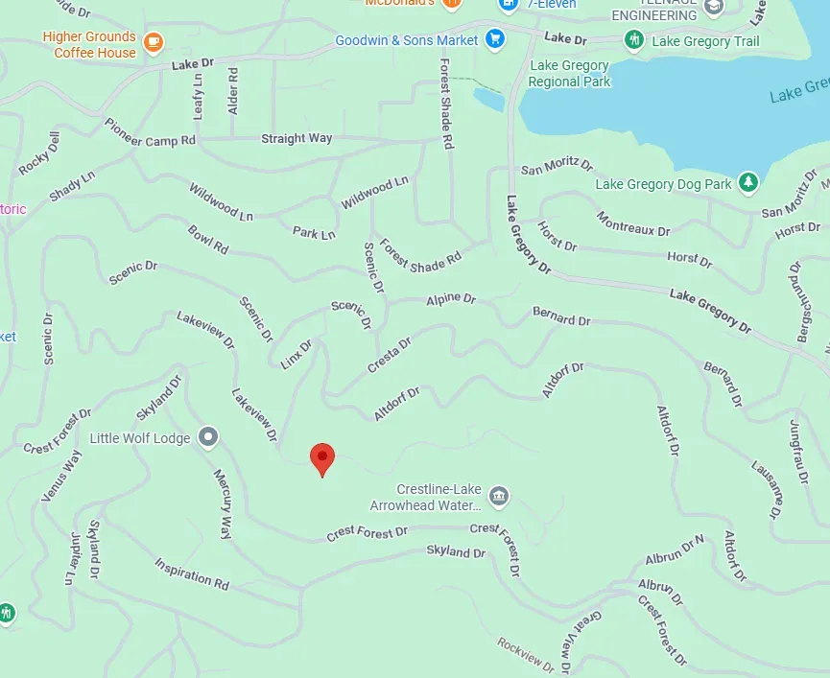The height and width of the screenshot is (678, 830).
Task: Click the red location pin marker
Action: pyautogui.click(x=322, y=458)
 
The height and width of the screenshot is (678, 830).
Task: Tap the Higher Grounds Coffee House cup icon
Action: pyautogui.click(x=153, y=42)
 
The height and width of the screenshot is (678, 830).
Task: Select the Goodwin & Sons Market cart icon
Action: pyautogui.click(x=494, y=39)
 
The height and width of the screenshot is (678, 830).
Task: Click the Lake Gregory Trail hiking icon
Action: pyautogui.click(x=633, y=40)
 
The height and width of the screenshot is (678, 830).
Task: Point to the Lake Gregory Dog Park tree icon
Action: pyautogui.click(x=747, y=182)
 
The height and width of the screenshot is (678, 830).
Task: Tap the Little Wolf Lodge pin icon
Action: pyautogui.click(x=208, y=438)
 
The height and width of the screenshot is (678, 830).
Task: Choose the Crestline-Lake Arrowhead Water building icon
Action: pyautogui.click(x=499, y=496)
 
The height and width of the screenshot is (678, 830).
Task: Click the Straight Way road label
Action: pyautogui.click(x=296, y=138)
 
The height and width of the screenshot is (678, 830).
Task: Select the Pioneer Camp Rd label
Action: pyautogui.click(x=150, y=133)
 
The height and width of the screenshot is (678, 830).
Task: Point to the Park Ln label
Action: pyautogui.click(x=314, y=233)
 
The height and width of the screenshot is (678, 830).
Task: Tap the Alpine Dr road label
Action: pyautogui.click(x=450, y=300)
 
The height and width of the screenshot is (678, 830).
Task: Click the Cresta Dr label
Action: pyautogui.click(x=389, y=355)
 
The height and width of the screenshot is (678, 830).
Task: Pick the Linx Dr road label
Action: pyautogui.click(x=296, y=353)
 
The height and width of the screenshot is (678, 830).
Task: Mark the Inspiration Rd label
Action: pyautogui.click(x=192, y=573)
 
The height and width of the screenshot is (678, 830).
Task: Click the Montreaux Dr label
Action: pyautogui.click(x=632, y=224)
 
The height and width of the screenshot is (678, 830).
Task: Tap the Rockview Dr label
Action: pyautogui.click(x=526, y=654)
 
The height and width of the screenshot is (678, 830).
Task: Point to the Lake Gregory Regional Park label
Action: pyautogui.click(x=569, y=74)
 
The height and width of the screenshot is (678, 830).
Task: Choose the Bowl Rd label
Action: pyautogui.click(x=208, y=240)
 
